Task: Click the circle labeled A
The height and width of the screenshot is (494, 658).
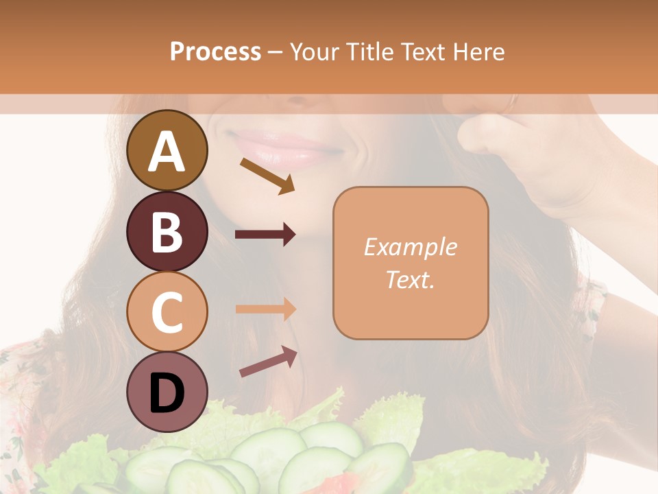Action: pos(167,150)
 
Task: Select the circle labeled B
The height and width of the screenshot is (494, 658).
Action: pos(167,231)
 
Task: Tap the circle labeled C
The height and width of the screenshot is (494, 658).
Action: pos(167,311)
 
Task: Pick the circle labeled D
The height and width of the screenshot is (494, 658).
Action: pos(167,392)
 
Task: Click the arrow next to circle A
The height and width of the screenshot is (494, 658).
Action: pos(267,175)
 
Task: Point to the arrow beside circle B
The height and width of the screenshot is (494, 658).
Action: pos(265,235)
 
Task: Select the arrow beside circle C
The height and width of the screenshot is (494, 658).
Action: pos(265,309)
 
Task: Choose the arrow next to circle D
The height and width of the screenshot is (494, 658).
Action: pos(268,362)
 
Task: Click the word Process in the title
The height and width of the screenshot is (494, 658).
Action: pos(215,51)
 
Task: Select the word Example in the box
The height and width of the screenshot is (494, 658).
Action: pos(410,247)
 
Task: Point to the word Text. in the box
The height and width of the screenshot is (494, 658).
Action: pos(410,280)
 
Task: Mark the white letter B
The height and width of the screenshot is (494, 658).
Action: pos(167,232)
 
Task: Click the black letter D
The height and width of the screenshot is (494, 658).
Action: pos(167,392)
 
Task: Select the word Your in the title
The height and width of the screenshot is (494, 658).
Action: pos(316,51)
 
